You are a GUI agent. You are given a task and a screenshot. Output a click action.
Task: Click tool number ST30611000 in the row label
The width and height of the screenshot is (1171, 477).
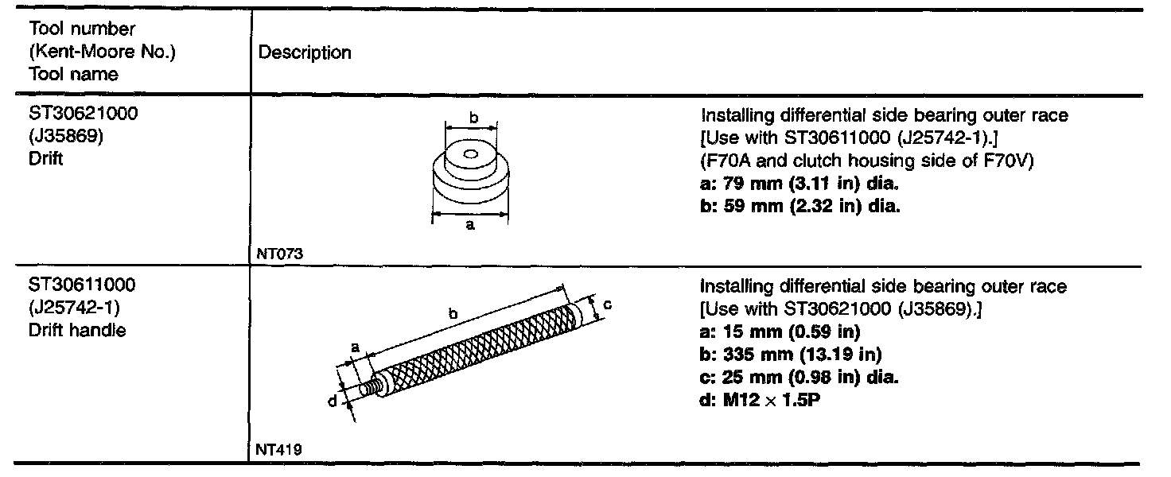click(x=83, y=285)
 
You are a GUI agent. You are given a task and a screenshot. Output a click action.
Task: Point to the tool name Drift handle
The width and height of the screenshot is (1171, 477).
click(x=76, y=329)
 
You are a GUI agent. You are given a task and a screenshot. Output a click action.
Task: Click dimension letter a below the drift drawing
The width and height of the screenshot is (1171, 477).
click(x=470, y=226)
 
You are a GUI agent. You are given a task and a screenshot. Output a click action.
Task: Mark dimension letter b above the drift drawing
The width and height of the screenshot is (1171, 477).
click(x=473, y=118)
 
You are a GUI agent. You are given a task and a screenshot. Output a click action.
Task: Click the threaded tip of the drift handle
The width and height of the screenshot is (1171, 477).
click(x=367, y=390)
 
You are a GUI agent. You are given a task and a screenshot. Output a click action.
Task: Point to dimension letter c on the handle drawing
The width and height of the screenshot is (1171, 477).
click(x=606, y=304)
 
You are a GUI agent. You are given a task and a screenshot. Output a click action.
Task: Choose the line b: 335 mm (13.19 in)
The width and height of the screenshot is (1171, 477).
click(x=791, y=354)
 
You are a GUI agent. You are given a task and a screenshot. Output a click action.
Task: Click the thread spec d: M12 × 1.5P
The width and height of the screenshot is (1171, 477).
click(x=761, y=399)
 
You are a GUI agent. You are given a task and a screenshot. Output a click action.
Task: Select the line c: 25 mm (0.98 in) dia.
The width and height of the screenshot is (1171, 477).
click(x=799, y=377)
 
